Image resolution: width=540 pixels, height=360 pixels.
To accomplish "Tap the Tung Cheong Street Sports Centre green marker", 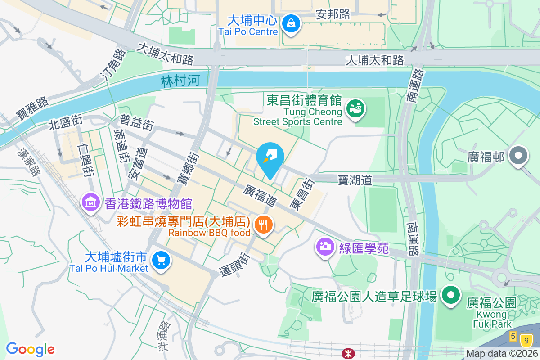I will (x=355, y=109).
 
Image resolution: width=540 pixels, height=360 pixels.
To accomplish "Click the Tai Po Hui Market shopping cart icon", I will (x=161, y=261).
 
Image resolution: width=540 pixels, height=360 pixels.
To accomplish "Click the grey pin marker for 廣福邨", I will (x=518, y=156).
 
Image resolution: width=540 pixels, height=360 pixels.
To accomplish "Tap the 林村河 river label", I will (x=180, y=81).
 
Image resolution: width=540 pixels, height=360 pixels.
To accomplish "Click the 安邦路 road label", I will (x=333, y=14).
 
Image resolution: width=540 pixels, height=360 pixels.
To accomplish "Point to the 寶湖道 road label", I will (x=355, y=180).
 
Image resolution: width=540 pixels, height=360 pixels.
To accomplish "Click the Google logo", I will (x=30, y=349).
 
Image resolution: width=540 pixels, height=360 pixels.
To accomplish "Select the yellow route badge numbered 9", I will (x=526, y=340).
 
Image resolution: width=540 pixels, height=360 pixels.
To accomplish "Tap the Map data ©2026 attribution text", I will (x=502, y=353).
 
